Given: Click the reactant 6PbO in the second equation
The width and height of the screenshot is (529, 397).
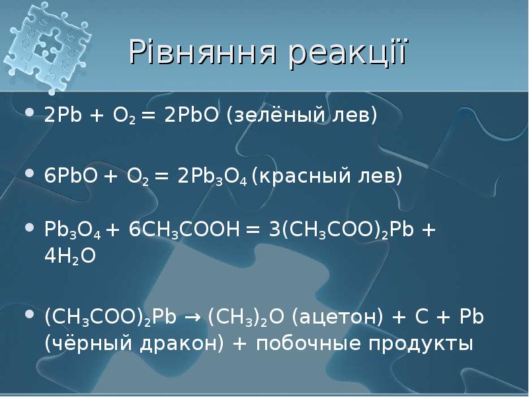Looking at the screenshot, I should coord(68,177).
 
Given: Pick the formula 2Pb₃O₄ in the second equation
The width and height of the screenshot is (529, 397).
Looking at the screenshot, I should coord(204,177).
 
